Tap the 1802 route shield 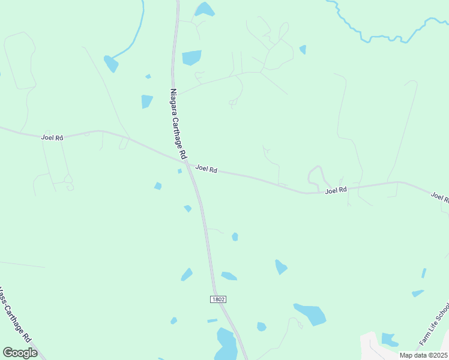click(218, 299)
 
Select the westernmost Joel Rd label click(52, 137)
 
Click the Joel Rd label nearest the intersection click(206, 169)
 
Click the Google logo click(20, 352)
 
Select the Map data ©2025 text click(423, 355)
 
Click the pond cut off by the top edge click(205, 8)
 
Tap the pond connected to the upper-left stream click(111, 63)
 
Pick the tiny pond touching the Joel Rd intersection click(179, 171)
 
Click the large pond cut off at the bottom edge click(226, 345)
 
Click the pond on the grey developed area click(389, 340)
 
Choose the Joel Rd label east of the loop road click(336, 190)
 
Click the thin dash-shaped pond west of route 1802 click(212, 320)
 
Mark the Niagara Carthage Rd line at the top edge click(178, 5)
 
